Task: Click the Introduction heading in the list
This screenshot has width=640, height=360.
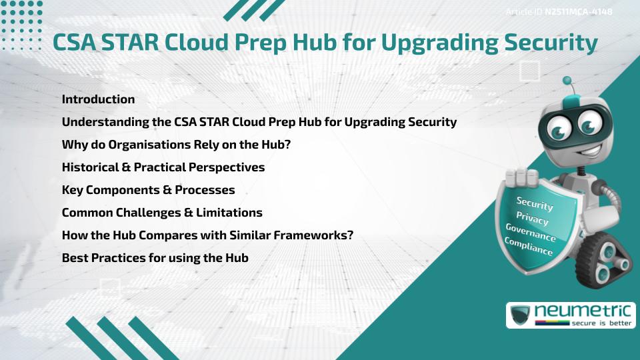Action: pos(98,99)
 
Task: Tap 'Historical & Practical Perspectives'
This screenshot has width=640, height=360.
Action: pos(163,167)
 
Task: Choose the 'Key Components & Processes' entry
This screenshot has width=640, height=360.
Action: pos(148,190)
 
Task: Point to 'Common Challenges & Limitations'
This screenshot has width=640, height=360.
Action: pos(161,213)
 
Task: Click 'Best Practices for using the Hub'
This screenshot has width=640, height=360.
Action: pos(155,257)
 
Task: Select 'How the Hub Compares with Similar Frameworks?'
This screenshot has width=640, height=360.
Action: pos(207,235)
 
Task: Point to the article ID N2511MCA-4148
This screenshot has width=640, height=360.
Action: pos(579,11)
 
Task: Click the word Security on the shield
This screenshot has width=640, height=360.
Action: pos(535,203)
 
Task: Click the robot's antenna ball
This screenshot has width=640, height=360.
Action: pos(568,81)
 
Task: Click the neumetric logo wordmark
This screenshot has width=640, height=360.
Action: pos(582,310)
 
